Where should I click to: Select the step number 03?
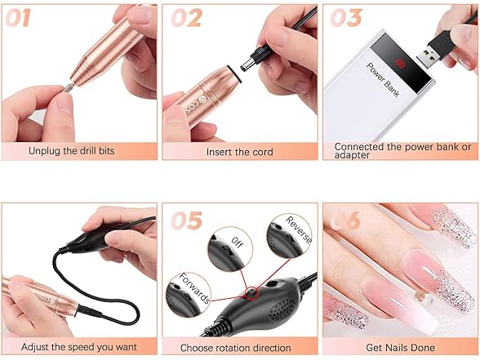click(x=346, y=18)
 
